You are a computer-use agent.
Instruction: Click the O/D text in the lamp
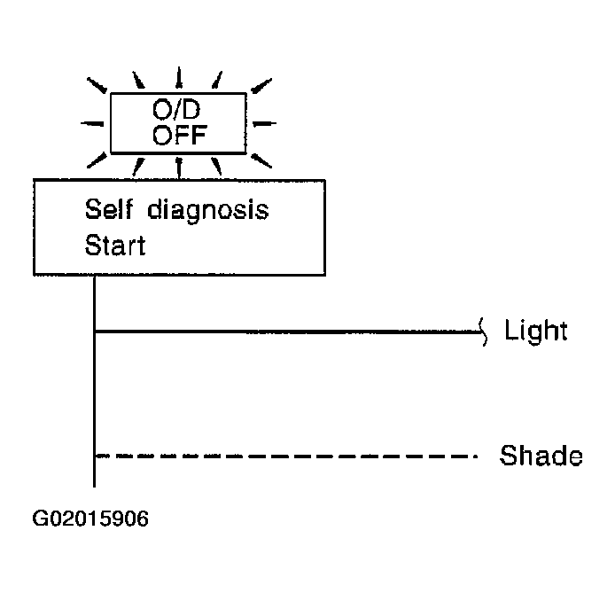pyautogui.click(x=176, y=109)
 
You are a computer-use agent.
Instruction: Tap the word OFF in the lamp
pyautogui.click(x=179, y=136)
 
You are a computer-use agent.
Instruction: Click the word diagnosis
pyautogui.click(x=208, y=211)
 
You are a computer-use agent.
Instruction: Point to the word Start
pyautogui.click(x=115, y=246)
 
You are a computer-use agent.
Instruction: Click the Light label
pyautogui.click(x=536, y=332)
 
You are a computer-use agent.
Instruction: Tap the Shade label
pyautogui.click(x=541, y=456)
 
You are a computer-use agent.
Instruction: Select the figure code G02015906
pyautogui.click(x=90, y=519)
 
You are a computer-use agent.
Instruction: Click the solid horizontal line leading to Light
pyautogui.click(x=288, y=332)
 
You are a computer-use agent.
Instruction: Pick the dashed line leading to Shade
pyautogui.click(x=286, y=456)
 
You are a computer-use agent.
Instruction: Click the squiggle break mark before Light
pyautogui.click(x=484, y=332)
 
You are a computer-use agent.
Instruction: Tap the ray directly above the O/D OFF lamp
pyautogui.click(x=179, y=77)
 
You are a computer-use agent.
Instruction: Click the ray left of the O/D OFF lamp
pyautogui.click(x=92, y=123)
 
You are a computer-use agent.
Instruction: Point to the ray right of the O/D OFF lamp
pyautogui.click(x=264, y=123)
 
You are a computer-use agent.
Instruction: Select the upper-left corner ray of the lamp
pyautogui.click(x=97, y=85)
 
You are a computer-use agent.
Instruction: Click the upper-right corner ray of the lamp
pyautogui.click(x=261, y=86)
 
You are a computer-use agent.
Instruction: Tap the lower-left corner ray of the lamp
pyautogui.click(x=97, y=160)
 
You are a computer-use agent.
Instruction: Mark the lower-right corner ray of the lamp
pyautogui.click(x=261, y=160)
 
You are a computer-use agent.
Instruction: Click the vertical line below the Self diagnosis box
pyautogui.click(x=94, y=381)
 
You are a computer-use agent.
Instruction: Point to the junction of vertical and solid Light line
pyautogui.click(x=95, y=332)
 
